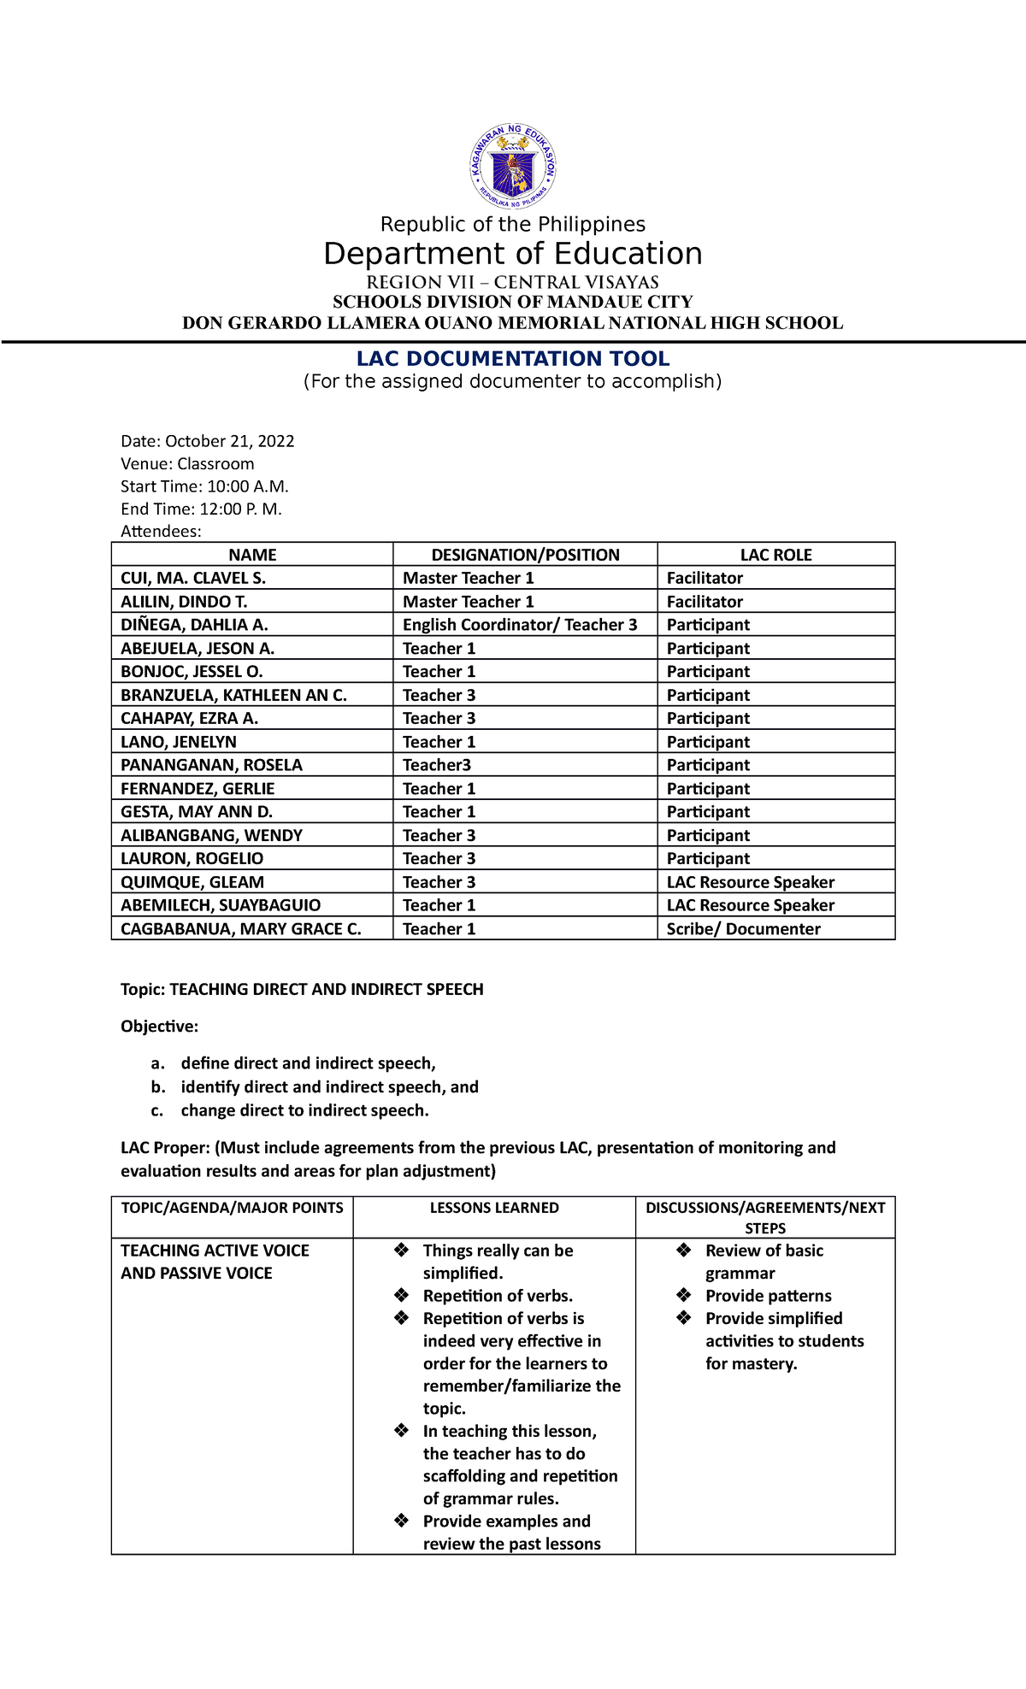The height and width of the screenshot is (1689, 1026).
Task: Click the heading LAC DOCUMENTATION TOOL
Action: [x=513, y=359]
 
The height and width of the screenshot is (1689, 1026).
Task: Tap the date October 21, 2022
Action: [x=229, y=441]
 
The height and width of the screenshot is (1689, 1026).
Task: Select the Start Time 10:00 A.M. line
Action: [x=205, y=486]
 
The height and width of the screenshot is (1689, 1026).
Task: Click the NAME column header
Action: [x=252, y=555]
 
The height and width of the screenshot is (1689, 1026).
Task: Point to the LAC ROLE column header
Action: [x=775, y=555]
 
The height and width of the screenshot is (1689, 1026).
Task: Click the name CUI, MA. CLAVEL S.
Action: [x=193, y=578]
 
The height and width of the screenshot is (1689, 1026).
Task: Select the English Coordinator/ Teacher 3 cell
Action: [x=520, y=625]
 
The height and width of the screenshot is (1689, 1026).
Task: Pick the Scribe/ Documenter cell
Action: [x=743, y=929]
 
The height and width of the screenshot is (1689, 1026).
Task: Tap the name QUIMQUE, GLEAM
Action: [x=192, y=882]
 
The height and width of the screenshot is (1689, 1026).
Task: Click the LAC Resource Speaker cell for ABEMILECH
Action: [x=750, y=905]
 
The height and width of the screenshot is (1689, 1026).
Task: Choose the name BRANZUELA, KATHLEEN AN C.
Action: [x=233, y=695]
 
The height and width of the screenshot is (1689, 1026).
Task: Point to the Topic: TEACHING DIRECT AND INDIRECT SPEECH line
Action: [x=302, y=989]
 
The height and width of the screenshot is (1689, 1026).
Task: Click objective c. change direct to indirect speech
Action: [x=304, y=1110]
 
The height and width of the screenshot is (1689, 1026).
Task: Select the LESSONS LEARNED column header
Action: [x=494, y=1208]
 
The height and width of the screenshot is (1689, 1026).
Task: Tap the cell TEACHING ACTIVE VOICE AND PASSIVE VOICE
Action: [x=215, y=1262]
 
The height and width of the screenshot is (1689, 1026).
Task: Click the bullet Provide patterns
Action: [x=768, y=1296]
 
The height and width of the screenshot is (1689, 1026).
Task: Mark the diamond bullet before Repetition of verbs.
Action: [x=402, y=1296]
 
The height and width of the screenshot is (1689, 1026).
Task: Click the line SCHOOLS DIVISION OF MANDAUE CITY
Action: [x=513, y=302]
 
